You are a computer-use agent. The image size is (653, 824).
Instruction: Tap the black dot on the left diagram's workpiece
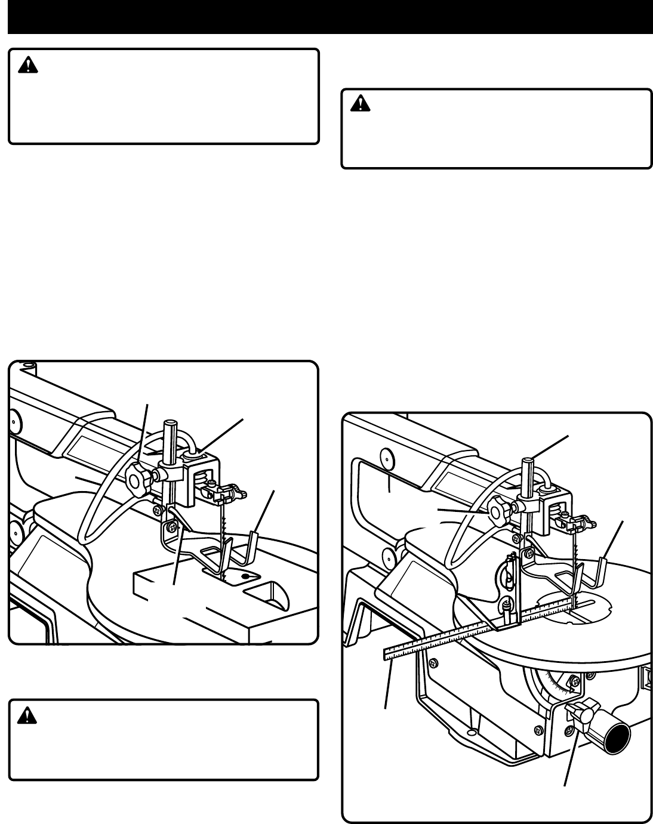(244, 578)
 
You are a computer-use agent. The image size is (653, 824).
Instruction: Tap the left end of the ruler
(386, 655)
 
